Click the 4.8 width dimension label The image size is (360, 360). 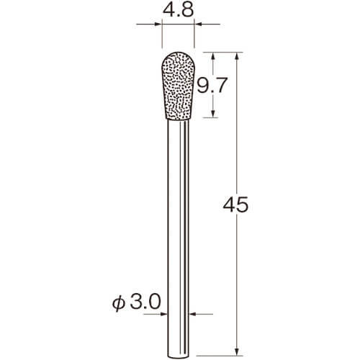click(x=178, y=10)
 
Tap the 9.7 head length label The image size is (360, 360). click(x=212, y=86)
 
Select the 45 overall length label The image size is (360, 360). click(x=235, y=204)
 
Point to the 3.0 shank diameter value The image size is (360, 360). click(x=145, y=302)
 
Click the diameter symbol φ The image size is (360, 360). click(x=119, y=303)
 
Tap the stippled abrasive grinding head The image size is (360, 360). click(x=178, y=86)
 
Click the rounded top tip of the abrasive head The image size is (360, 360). click(x=178, y=53)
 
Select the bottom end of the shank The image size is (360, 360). click(x=178, y=359)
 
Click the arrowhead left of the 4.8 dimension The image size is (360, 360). click(x=157, y=24)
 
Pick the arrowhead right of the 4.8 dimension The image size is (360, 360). click(x=198, y=24)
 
